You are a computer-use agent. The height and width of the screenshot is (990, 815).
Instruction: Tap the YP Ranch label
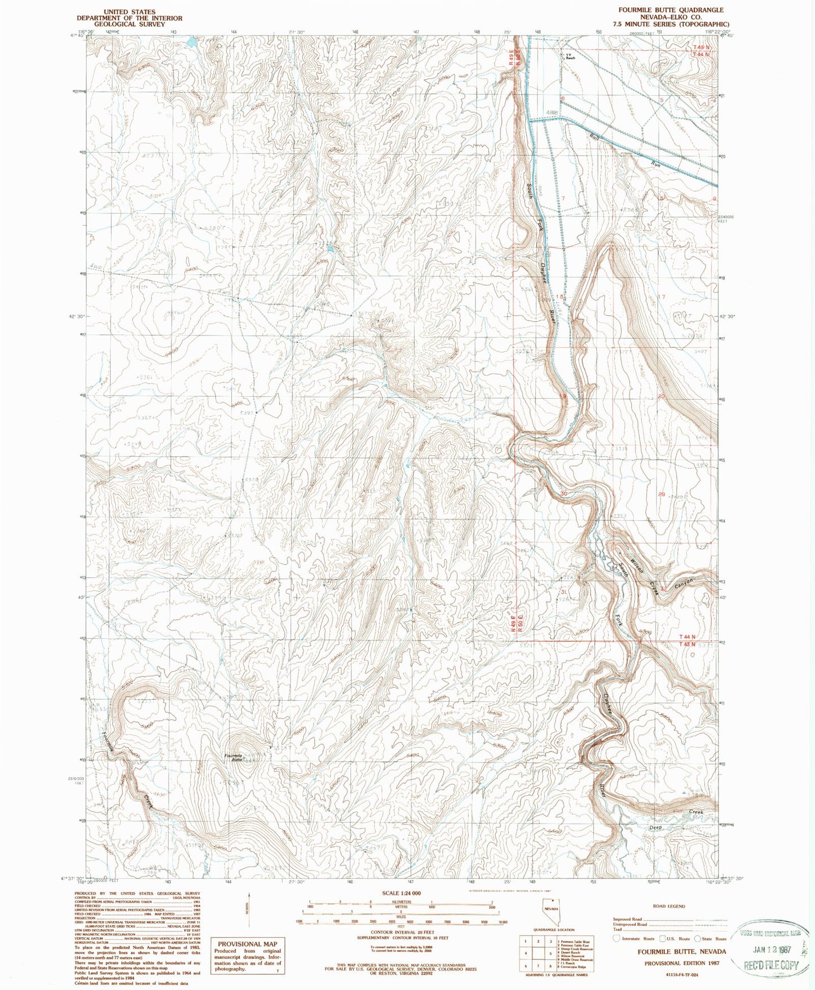(570, 56)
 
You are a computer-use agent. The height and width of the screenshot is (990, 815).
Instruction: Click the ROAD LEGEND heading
(668, 907)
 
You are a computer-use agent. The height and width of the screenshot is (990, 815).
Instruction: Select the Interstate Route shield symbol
(616, 939)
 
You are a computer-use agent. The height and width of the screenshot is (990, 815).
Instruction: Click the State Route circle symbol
(697, 939)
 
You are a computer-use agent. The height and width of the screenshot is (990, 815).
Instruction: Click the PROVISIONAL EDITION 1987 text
(685, 964)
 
